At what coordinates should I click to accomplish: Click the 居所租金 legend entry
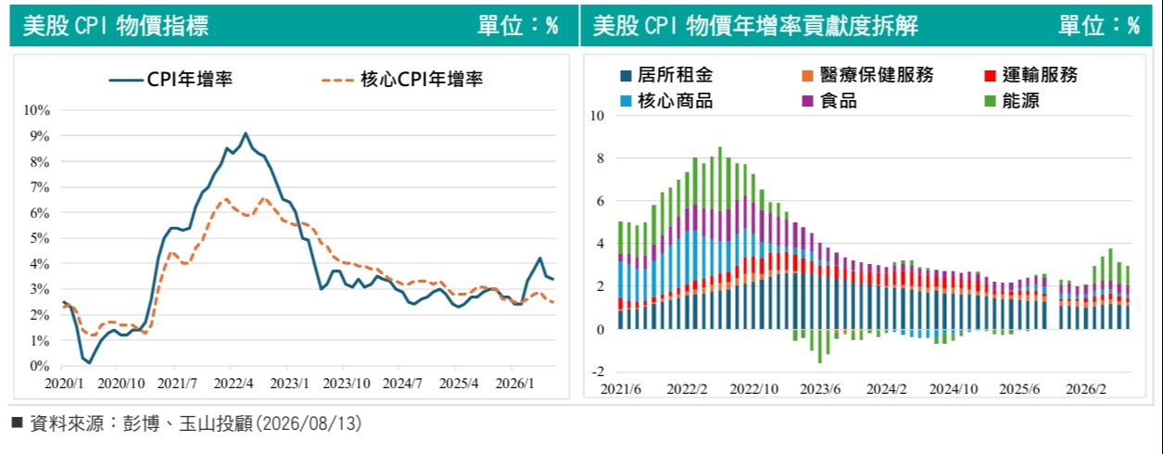667,75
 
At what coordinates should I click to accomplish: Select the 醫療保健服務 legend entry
867,75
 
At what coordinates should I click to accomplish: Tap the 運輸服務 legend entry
1031,75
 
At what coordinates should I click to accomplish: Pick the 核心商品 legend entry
667,101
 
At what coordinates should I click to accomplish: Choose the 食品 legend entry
829,101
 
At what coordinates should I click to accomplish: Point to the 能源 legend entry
1012,101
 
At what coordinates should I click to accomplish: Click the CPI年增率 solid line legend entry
171,80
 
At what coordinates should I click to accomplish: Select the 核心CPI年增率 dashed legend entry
402,80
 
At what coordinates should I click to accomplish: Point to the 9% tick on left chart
40,136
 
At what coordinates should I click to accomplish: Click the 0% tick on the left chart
40,366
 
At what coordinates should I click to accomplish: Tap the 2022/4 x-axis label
234,384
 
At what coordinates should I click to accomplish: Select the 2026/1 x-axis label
514,384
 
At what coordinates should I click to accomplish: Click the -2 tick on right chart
597,372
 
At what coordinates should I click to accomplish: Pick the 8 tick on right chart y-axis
600,158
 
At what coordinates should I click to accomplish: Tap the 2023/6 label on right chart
820,390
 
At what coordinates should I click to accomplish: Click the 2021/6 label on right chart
621,390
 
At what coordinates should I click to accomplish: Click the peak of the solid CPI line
246,133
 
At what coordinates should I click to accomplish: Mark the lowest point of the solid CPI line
89,362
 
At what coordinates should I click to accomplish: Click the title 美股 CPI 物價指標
116,25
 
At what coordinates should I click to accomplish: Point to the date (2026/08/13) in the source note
307,424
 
